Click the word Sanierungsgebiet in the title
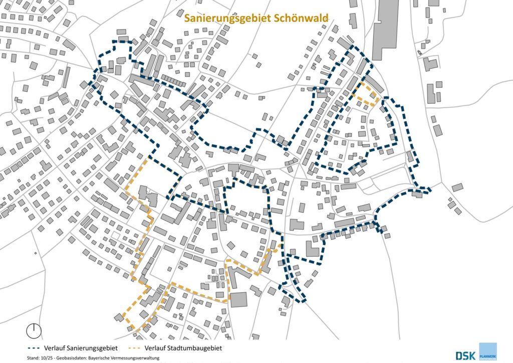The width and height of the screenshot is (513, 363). pyautogui.click(x=227, y=18)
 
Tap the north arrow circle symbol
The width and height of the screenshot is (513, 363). pyautogui.click(x=34, y=330)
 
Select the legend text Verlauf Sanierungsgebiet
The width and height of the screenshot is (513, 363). pyautogui.click(x=81, y=348)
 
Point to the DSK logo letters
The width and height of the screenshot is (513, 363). pyautogui.click(x=466, y=355)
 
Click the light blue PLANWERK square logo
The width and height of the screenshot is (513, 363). pyautogui.click(x=487, y=351)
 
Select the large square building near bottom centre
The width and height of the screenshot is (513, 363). pyautogui.click(x=238, y=299)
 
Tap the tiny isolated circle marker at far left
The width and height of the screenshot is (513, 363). pyautogui.click(x=35, y=253)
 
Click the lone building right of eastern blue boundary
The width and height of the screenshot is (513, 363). pyautogui.click(x=457, y=187)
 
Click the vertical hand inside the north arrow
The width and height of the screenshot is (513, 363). pyautogui.click(x=34, y=326)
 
